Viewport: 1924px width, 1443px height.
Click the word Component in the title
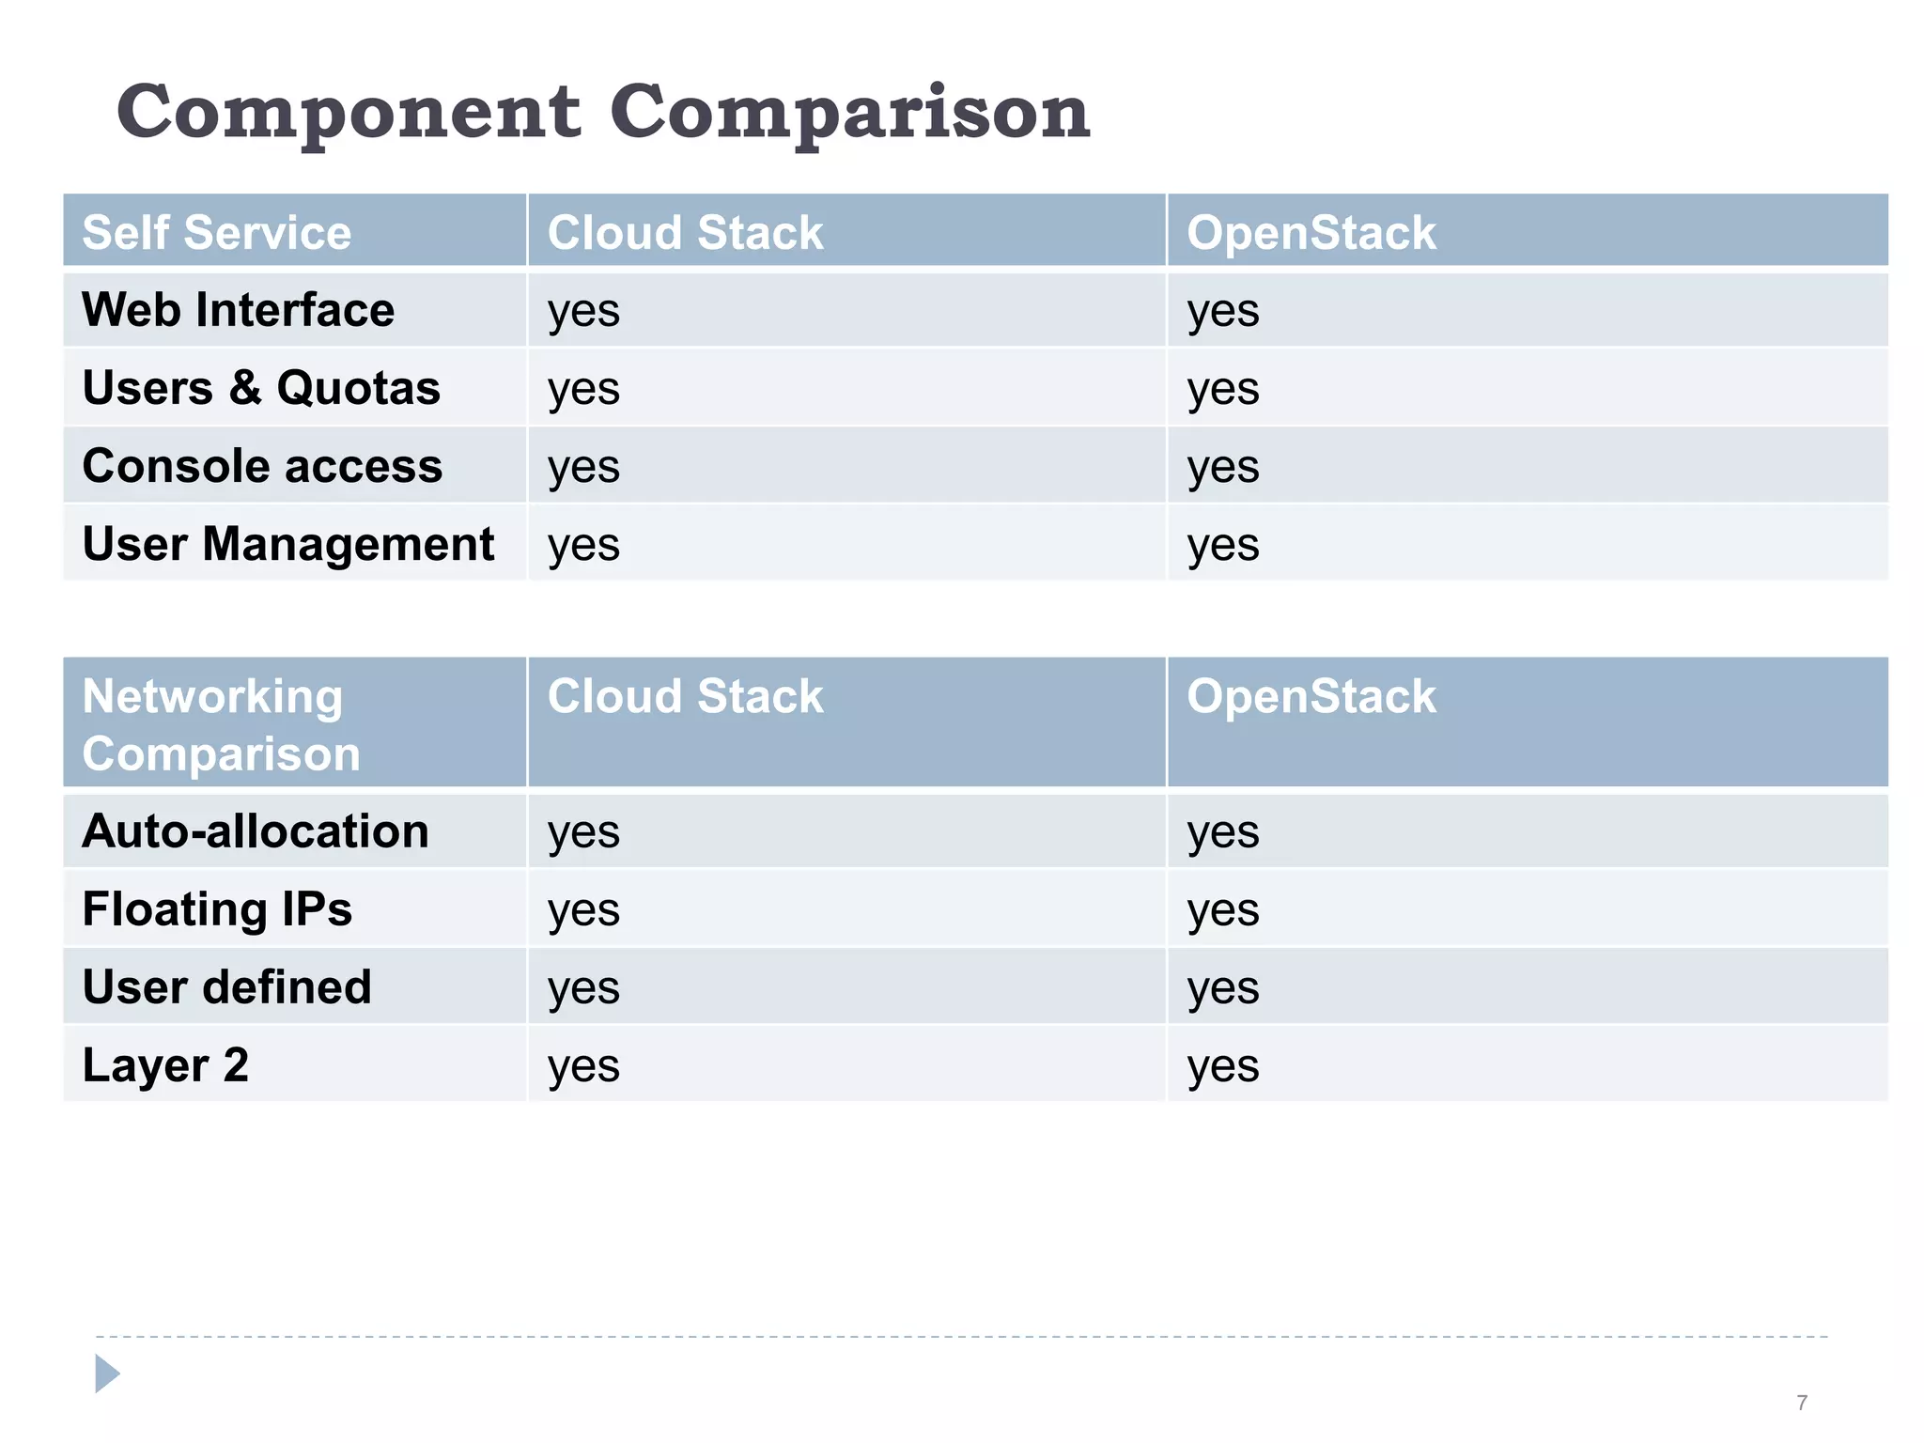pos(348,113)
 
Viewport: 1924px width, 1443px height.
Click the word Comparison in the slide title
pos(849,113)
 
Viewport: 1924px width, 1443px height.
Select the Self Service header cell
pos(216,232)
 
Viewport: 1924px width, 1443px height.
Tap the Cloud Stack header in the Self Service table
pos(685,232)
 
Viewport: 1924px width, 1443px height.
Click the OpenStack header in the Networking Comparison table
pos(1311,696)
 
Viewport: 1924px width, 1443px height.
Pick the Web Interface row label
pos(238,310)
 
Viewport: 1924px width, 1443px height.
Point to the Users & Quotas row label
pos(261,388)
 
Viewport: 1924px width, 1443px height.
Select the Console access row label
pos(262,466)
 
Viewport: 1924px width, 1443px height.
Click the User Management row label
pos(287,544)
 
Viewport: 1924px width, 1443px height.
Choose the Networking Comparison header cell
pos(221,724)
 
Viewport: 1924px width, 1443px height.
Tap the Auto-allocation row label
pos(256,831)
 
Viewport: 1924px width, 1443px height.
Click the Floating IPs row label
pos(217,909)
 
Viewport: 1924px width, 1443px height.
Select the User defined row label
pos(226,987)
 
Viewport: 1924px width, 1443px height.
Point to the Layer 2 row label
pos(165,1065)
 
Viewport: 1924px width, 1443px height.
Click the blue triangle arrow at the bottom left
pos(106,1373)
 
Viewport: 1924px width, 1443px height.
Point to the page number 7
pos(1801,1403)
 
